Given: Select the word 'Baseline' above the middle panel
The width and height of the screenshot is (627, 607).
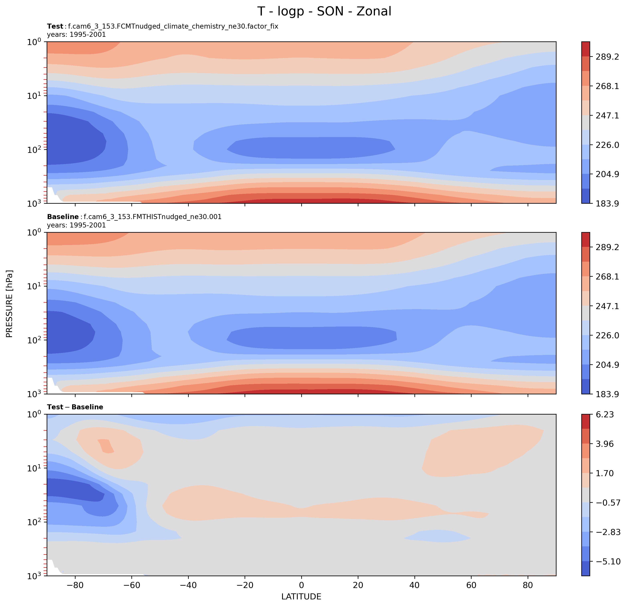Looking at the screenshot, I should coord(63,217).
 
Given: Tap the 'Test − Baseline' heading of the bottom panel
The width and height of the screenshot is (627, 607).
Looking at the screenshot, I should coord(75,407).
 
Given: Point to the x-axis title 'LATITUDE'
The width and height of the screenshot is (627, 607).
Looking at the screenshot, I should coord(301,596).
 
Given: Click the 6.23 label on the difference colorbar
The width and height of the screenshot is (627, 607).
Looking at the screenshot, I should coord(604,415).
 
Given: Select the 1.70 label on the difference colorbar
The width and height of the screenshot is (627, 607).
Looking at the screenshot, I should coord(604,473).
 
